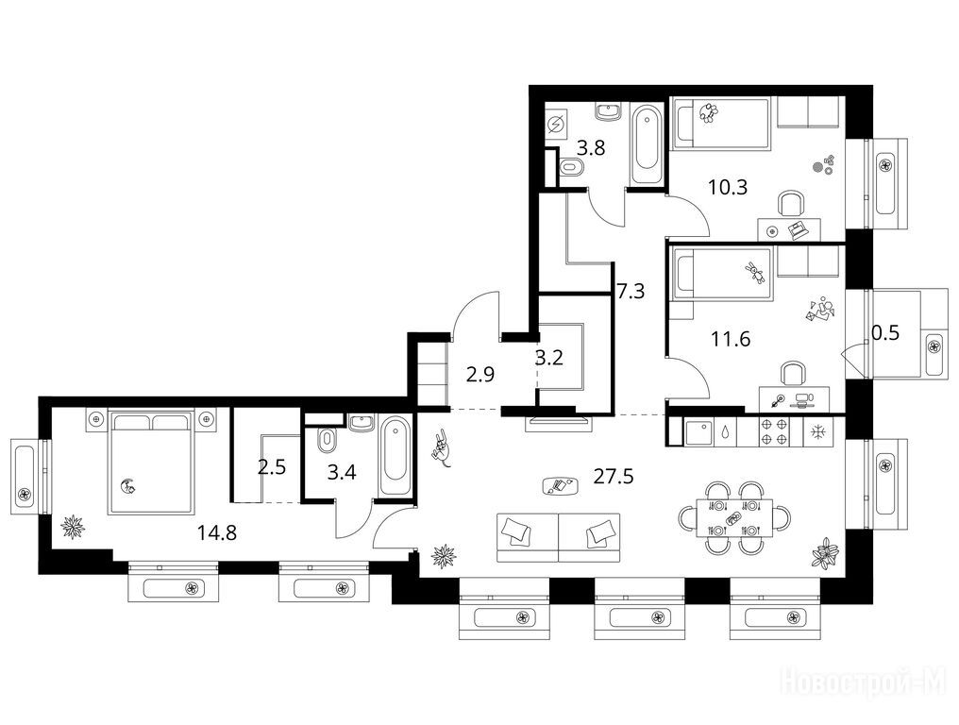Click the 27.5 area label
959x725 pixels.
point(614,476)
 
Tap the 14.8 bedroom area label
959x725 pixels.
point(216,532)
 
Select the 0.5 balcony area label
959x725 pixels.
point(885,333)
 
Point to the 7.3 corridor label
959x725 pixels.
point(631,291)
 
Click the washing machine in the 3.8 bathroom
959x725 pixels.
point(556,125)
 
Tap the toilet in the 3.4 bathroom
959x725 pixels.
point(328,439)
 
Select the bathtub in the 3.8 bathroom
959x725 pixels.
point(647,143)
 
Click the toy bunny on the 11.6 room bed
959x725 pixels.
point(755,273)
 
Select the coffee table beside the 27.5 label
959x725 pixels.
point(561,486)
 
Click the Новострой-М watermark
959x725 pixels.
point(864,682)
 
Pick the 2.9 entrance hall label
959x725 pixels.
point(480,374)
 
